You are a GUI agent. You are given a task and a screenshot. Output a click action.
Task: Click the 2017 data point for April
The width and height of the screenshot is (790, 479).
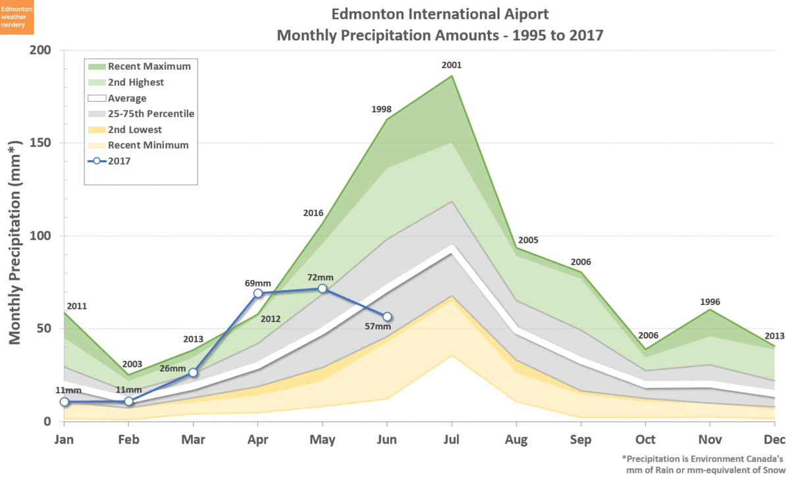tap(258, 293)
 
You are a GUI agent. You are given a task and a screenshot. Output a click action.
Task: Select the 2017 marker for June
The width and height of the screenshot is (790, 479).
tap(387, 317)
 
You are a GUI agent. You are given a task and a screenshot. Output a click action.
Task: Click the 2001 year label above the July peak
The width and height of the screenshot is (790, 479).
tap(452, 65)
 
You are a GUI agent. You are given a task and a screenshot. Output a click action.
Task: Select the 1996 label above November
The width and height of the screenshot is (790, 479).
tap(710, 302)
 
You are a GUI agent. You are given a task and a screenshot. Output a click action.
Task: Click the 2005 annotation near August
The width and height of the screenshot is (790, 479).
tap(528, 240)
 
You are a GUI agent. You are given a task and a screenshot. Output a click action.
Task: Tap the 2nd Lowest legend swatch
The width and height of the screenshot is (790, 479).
tap(97, 129)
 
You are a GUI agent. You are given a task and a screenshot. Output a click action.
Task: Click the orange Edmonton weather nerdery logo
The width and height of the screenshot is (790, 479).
tap(20, 17)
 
